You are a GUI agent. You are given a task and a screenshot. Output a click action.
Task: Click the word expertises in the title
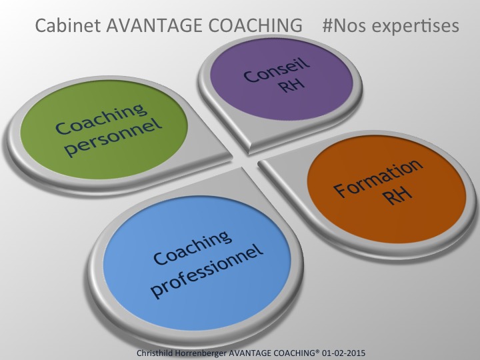pos(417,27)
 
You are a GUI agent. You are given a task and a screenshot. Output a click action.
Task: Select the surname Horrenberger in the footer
pos(208,351)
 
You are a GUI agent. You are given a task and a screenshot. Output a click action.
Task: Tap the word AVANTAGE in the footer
pos(261,351)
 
